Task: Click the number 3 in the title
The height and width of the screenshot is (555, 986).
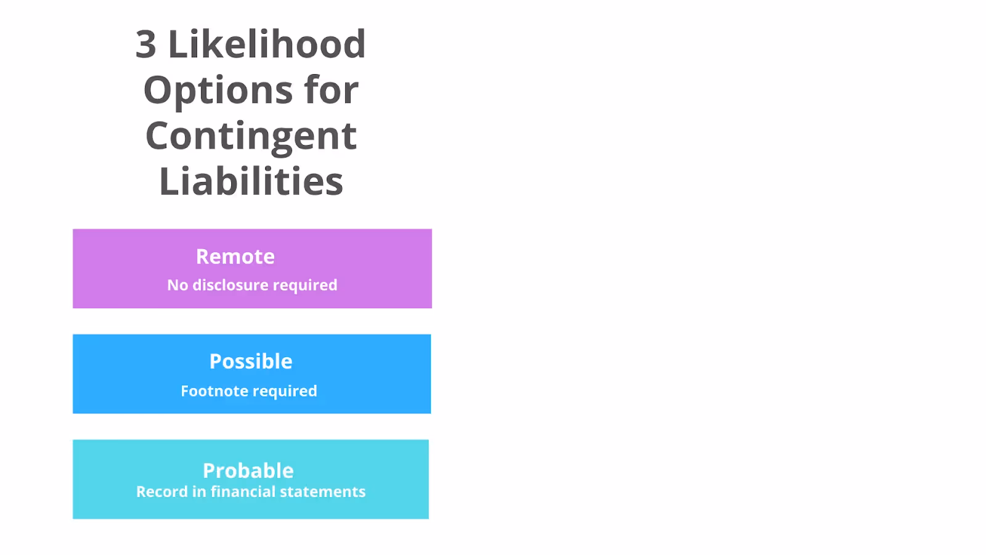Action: tap(145, 44)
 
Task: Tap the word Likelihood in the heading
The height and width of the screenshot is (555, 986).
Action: tap(267, 44)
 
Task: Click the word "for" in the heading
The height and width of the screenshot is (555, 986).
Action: tap(331, 90)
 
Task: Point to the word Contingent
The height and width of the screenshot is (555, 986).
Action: tap(251, 136)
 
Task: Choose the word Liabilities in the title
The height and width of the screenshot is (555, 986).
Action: tap(251, 181)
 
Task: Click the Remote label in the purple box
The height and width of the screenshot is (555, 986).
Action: tap(235, 257)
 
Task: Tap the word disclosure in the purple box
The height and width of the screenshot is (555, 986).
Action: tap(230, 285)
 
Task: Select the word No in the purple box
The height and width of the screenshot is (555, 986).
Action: tap(177, 285)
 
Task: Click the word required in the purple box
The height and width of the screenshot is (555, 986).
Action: tap(305, 286)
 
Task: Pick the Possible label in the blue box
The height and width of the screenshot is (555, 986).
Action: tap(251, 361)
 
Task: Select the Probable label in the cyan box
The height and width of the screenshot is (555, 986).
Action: tap(248, 471)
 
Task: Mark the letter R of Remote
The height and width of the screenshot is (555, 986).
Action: tap(203, 257)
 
